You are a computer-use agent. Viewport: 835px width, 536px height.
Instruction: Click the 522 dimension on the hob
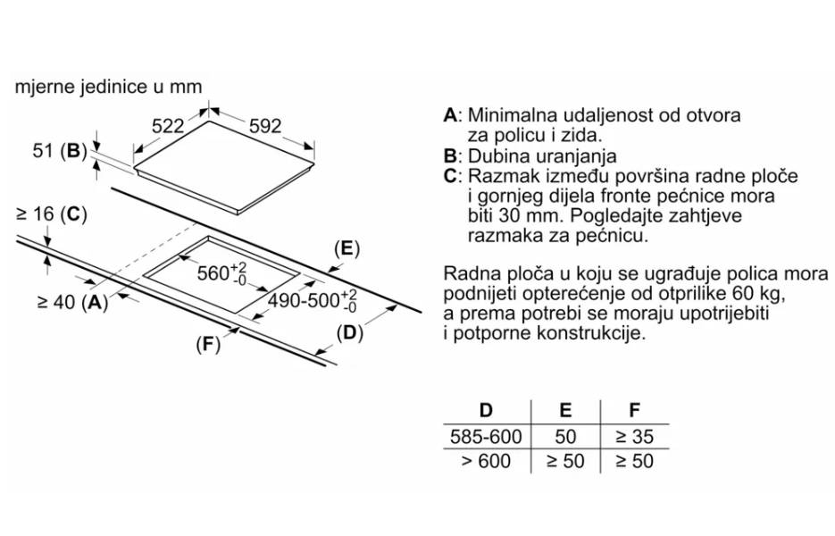[x=167, y=127]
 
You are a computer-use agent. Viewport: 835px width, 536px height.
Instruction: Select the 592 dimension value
[x=264, y=127]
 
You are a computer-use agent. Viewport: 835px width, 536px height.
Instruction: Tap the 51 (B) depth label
[x=57, y=151]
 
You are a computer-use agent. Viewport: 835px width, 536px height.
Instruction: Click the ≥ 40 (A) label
[x=72, y=303]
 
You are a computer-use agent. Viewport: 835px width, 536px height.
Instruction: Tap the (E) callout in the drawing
[x=345, y=249]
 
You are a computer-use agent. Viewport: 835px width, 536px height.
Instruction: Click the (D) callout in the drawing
[x=349, y=333]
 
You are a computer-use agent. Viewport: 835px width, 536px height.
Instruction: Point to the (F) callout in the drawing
[x=207, y=346]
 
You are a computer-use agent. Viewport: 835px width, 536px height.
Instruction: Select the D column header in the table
[x=486, y=411]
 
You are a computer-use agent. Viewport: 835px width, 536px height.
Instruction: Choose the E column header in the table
[x=564, y=411]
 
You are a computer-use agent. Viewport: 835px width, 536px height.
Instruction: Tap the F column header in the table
[x=635, y=411]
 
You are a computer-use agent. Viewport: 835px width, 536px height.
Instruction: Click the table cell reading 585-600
[x=486, y=437]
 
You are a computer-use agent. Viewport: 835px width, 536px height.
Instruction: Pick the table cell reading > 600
[x=486, y=461]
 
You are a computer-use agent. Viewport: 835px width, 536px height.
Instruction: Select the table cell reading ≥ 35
[x=635, y=437]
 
